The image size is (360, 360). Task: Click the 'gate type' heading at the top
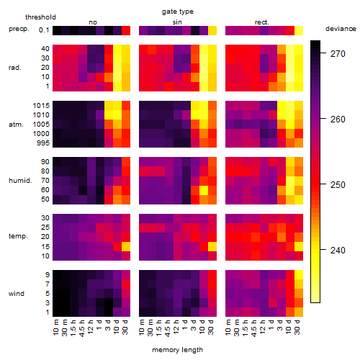tap(178, 12)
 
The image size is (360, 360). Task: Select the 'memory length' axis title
tap(177, 350)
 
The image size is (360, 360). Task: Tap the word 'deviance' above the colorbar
tap(341, 29)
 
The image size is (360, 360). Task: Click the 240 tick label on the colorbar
tap(338, 250)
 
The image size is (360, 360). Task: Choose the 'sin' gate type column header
tap(177, 22)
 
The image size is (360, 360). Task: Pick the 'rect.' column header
tap(261, 22)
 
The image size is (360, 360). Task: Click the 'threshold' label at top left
tap(40, 17)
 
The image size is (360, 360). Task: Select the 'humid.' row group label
tap(20, 180)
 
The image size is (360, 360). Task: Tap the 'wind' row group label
tap(17, 293)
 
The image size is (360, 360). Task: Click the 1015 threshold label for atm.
tap(41, 105)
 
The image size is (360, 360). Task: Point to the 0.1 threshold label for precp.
tap(44, 30)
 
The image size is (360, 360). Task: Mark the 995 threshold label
tap(43, 143)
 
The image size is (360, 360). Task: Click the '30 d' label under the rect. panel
tap(297, 327)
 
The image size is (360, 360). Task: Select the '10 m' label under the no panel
tap(55, 327)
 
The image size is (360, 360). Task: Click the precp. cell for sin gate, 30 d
tap(212, 30)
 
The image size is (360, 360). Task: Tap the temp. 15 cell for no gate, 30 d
tap(126, 246)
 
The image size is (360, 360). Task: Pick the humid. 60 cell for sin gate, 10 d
tap(204, 190)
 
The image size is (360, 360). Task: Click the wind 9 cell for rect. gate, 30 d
tap(299, 274)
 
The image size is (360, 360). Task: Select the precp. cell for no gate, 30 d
tap(126, 30)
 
